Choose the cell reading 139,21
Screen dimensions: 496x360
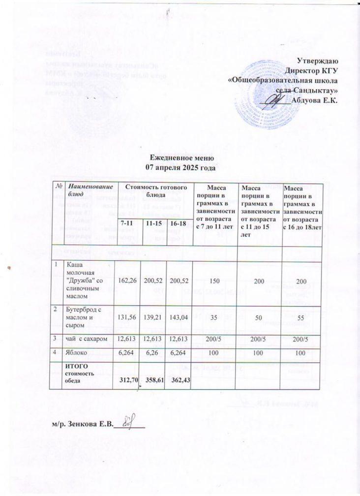point(153,318)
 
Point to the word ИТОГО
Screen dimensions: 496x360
point(77,367)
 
